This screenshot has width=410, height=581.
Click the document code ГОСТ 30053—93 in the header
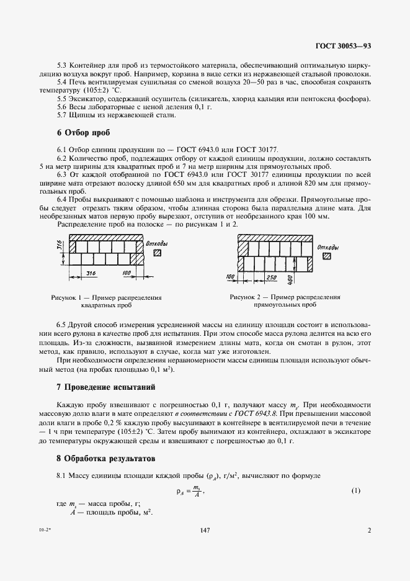tap(342, 46)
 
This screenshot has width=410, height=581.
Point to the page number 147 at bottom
tap(205, 531)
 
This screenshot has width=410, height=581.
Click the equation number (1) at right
tap(355, 491)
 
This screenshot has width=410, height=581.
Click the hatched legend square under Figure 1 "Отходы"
tap(158, 253)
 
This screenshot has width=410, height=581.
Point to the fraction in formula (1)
tap(197, 491)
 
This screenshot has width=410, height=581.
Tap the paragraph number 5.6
tap(62, 107)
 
